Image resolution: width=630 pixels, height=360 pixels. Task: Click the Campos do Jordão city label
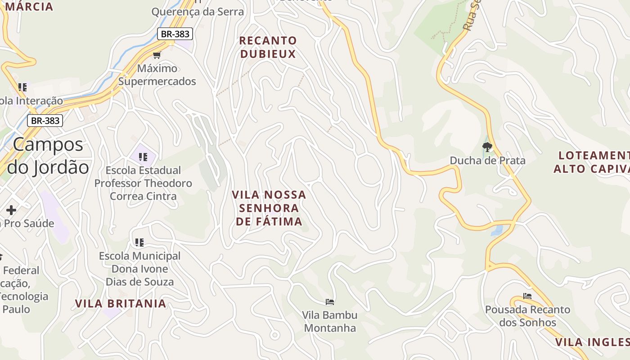coord(48,156)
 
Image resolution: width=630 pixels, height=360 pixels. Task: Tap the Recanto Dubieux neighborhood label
coord(268,47)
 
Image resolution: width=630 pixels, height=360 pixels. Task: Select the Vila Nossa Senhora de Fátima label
coord(269,208)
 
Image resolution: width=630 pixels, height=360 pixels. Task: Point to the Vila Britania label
coord(121,303)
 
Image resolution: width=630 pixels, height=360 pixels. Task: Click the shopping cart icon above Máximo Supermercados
coord(157,55)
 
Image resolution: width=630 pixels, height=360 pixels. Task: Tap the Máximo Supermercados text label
coord(157,75)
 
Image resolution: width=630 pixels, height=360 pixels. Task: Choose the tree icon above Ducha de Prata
coord(487,147)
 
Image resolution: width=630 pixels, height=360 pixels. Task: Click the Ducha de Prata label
coord(487,160)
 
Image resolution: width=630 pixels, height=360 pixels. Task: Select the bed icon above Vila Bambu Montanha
coord(330,301)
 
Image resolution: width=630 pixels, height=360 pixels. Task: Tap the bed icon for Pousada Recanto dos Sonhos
coord(527,296)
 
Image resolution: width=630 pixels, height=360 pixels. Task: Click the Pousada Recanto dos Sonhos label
coord(527,316)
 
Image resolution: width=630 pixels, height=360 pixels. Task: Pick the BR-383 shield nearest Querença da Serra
coord(175,34)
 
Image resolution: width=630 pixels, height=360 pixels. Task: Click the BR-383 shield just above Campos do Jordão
coord(45,121)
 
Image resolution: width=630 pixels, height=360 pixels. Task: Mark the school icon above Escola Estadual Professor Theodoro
coord(143,157)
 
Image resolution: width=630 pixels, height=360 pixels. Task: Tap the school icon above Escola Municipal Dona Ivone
coord(139,243)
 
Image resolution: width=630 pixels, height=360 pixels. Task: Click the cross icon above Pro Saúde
coord(11,210)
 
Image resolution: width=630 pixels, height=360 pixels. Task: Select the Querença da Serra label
coord(198,12)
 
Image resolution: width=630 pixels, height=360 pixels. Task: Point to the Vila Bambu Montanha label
coord(330,321)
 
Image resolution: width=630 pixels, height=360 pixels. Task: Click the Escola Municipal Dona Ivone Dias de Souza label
coord(139,269)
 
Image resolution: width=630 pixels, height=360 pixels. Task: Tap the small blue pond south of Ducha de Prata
coord(497,230)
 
